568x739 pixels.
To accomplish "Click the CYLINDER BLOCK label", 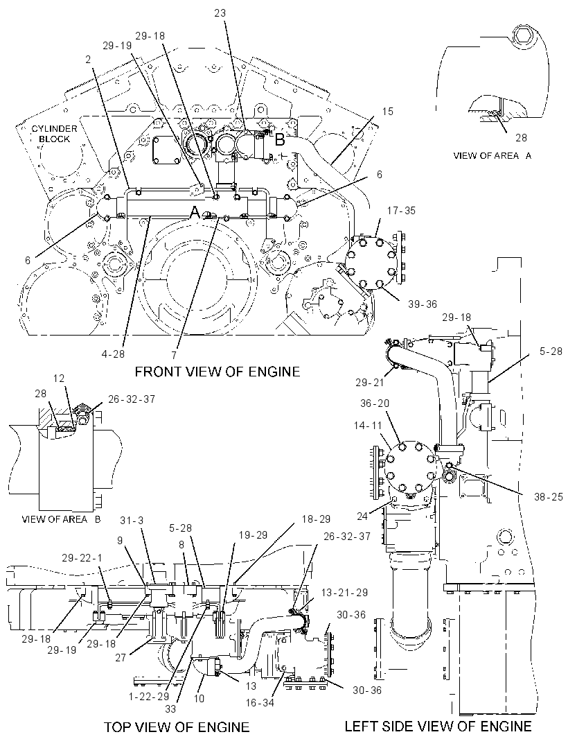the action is point(54,134).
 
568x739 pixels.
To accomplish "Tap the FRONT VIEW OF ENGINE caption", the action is point(217,372).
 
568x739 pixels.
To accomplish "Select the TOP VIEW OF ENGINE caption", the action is point(177,727).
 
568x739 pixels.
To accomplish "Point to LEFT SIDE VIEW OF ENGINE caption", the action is point(438,727).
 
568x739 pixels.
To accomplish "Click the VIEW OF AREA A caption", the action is point(492,155).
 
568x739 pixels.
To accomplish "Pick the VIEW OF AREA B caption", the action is point(61,519).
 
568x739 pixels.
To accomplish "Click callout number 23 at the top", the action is point(220,13).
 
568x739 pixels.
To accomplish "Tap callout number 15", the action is point(388,112).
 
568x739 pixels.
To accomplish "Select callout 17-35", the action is point(401,211).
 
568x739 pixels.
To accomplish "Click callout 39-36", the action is point(423,304).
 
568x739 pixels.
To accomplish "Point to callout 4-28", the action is point(113,354).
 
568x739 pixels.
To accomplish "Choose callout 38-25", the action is point(548,497).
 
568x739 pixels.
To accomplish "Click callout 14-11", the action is point(368,426).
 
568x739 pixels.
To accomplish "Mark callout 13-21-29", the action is point(345,593).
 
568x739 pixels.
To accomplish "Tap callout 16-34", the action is point(260,703).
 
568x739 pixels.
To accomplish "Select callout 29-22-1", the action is point(82,558).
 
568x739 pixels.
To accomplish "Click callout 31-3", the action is point(132,521).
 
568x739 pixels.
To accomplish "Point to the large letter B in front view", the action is point(280,140).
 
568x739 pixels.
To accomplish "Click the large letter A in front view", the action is point(195,213).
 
